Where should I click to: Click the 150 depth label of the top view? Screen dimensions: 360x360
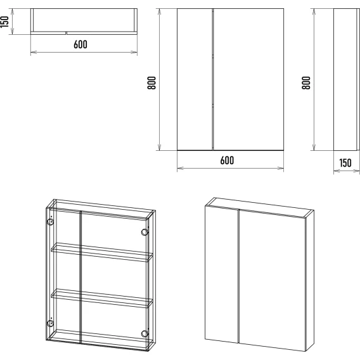coord(4,22)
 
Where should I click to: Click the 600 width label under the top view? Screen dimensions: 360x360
coord(80,44)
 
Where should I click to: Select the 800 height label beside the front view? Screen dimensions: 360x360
coord(151,82)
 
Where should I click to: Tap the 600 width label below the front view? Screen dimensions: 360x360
coord(227,160)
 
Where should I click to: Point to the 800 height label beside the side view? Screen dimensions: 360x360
coord(306,82)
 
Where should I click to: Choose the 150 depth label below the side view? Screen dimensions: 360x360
coord(345,163)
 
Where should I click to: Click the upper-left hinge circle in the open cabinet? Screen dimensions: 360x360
coord(50,222)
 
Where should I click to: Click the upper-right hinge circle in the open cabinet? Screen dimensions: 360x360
coord(145,232)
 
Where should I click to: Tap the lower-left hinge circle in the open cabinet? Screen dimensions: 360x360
coord(50,323)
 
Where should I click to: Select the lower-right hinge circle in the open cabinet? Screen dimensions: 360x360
coord(145,333)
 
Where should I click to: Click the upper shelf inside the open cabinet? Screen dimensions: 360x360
coord(102,252)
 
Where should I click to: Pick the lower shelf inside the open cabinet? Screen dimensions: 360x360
coord(102,298)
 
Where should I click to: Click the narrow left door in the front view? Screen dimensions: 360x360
coord(195,79)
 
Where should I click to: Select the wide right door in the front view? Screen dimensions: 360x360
coord(248,79)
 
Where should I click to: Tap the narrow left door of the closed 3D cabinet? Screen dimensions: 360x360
coord(221,274)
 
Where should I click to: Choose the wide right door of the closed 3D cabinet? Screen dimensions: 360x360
coord(273,280)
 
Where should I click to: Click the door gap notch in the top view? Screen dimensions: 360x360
coord(66,33)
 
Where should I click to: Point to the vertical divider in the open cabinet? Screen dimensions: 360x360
coord(80,278)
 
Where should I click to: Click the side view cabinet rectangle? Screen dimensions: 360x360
coord(346,79)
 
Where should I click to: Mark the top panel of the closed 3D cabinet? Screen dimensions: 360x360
coord(259,207)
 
